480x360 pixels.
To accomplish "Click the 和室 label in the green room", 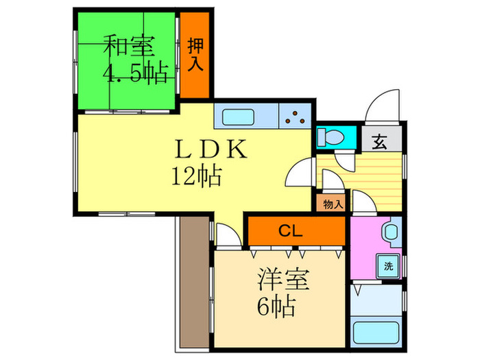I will [128, 47].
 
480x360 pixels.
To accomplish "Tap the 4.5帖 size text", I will [136, 73].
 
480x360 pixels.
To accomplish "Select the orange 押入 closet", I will [197, 56].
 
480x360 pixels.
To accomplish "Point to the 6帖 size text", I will [276, 306].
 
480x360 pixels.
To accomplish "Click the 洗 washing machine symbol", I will [387, 265].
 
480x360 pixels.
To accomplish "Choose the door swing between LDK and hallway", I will [300, 176].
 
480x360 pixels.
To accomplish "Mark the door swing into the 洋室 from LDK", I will [227, 235].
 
